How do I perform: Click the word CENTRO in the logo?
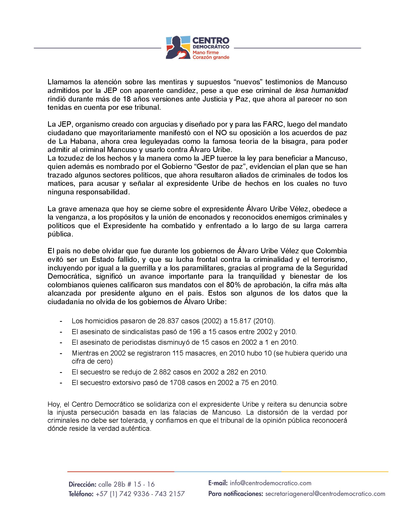pyautogui.click(x=211, y=41)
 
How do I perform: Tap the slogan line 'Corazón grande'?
pyautogui.click(x=211, y=57)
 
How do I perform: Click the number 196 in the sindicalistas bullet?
pyautogui.click(x=195, y=332)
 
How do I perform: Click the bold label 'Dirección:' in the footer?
pyautogui.click(x=82, y=484)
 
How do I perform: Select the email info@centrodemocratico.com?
pyautogui.click(x=270, y=483)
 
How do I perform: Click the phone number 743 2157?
pyautogui.click(x=170, y=494)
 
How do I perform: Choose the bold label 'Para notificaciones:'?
pyautogui.click(x=235, y=494)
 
